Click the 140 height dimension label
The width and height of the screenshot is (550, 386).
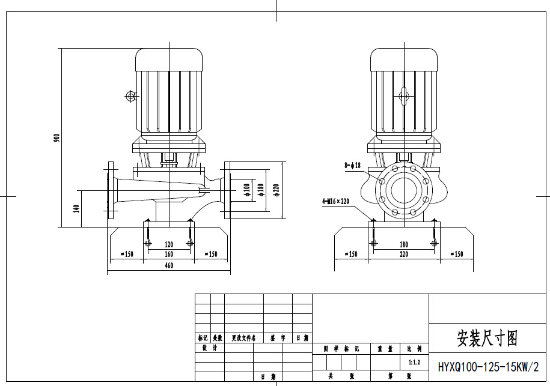(x=76, y=208)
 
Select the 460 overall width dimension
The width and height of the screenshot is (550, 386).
(x=169, y=265)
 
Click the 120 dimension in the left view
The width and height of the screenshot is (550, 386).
(x=169, y=244)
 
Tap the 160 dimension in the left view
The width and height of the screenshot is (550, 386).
(x=169, y=254)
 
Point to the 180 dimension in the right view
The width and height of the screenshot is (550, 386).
(x=403, y=244)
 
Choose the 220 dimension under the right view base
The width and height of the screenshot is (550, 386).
(x=403, y=254)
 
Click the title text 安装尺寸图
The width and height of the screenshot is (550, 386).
(x=487, y=338)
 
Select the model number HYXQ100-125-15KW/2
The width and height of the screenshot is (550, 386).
(x=489, y=366)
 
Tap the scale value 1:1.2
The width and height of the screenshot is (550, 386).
(x=414, y=363)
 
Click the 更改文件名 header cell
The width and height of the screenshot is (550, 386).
(x=243, y=339)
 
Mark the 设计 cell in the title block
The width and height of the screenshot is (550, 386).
(x=209, y=348)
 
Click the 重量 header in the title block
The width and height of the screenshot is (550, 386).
(x=385, y=348)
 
